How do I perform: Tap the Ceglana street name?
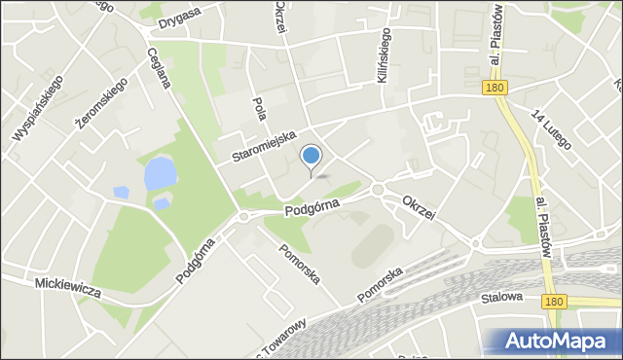[160, 67]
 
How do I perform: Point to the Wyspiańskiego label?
[38, 107]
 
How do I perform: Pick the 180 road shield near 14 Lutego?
[494, 89]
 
